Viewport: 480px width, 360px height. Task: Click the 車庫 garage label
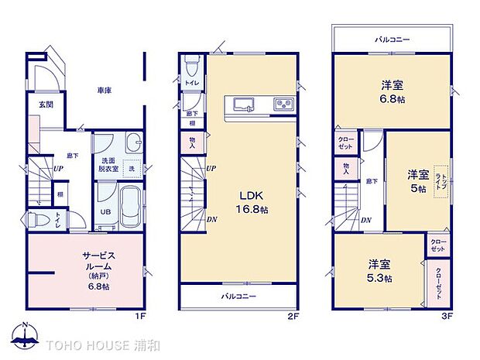click(105, 91)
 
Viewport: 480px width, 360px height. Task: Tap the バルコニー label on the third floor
click(393, 38)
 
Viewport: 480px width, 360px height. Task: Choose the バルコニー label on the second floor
click(239, 297)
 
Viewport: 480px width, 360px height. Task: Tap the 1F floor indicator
click(139, 316)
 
